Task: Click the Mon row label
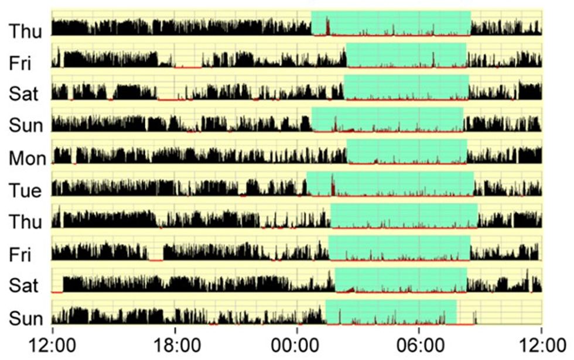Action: tap(25, 159)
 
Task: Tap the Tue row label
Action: tap(25, 191)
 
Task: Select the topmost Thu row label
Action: tap(25, 31)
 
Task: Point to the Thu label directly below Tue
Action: tap(25, 222)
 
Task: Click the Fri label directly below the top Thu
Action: tap(20, 63)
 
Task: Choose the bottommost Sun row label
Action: tap(25, 319)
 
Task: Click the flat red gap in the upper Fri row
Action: tap(187, 67)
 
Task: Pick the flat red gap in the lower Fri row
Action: tap(155, 259)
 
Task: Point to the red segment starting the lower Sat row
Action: tap(57, 292)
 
